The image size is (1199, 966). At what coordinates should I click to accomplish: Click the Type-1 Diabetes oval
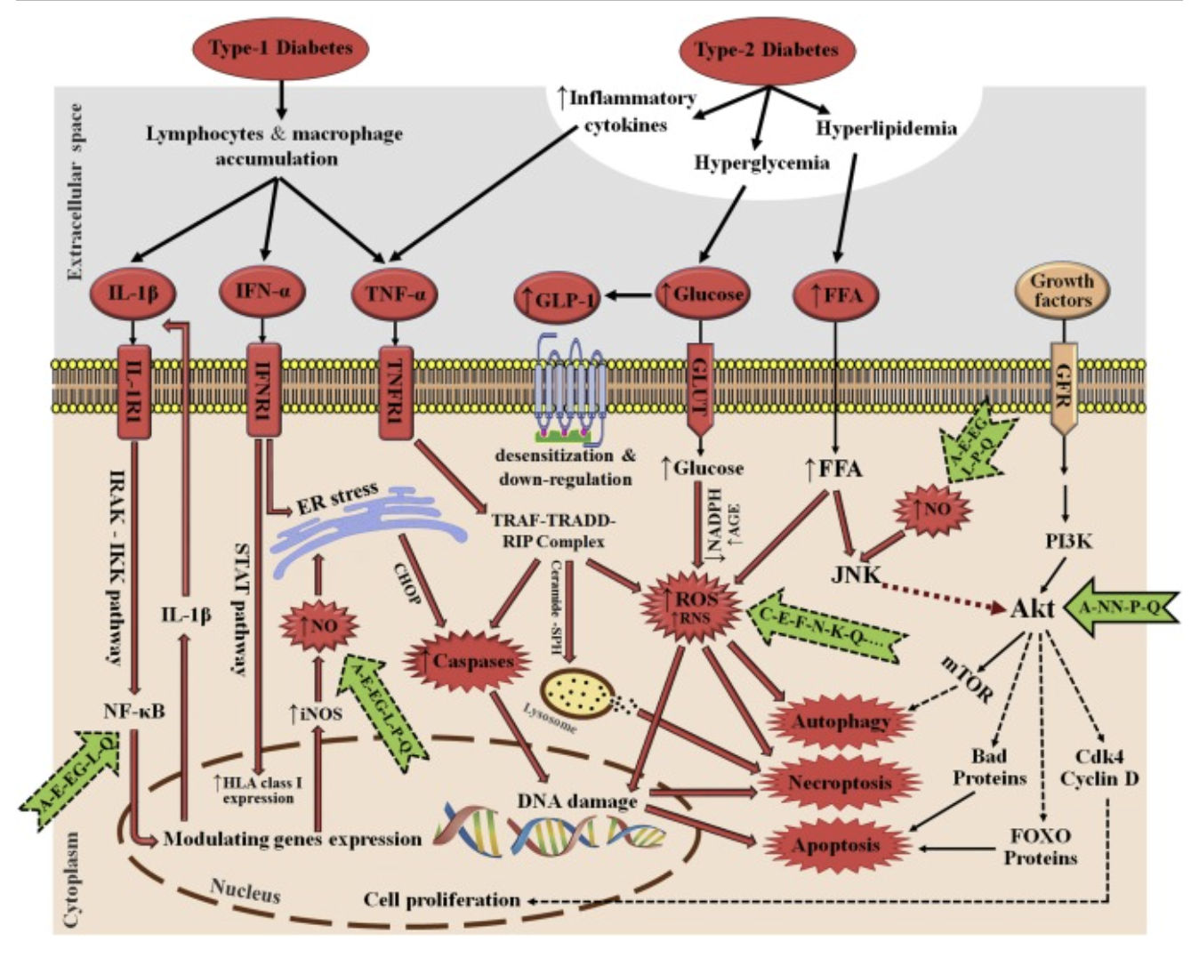click(281, 48)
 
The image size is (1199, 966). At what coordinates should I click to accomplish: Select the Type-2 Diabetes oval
click(766, 50)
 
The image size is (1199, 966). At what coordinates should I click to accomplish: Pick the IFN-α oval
click(262, 291)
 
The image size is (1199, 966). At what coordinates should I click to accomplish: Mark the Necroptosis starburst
click(839, 783)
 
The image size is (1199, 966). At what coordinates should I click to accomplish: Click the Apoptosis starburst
click(835, 845)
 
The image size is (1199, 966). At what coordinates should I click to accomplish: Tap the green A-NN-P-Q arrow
click(1121, 608)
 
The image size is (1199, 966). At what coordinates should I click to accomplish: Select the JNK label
click(855, 574)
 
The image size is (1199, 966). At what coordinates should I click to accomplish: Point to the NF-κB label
click(133, 712)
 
